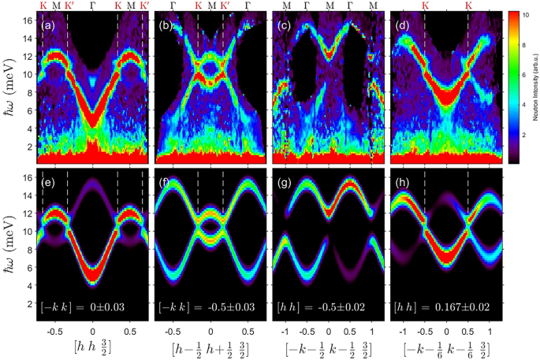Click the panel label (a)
[47, 26]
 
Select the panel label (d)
[402, 26]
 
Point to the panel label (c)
[284, 26]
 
